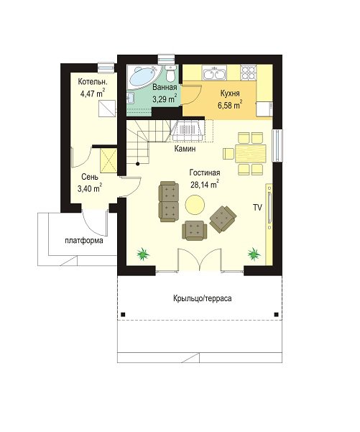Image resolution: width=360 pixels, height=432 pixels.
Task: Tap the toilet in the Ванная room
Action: [171, 73]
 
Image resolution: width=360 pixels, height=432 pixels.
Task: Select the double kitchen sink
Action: [214, 73]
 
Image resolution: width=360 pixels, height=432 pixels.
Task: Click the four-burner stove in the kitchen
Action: [248, 73]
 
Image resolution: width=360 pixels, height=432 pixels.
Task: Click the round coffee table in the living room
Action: [195, 204]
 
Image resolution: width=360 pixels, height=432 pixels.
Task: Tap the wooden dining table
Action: [251, 153]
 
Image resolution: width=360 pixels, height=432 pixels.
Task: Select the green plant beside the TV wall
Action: [254, 254]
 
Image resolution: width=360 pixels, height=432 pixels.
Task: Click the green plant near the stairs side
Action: [143, 254]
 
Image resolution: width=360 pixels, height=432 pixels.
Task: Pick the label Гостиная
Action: [205, 173]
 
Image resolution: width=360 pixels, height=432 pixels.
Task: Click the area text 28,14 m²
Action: [205, 184]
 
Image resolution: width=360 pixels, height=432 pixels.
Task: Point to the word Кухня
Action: [230, 93]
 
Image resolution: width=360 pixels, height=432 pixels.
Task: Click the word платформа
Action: [84, 241]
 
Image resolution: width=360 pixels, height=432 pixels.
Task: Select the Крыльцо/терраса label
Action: [203, 298]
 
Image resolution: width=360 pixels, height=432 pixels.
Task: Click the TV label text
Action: [257, 208]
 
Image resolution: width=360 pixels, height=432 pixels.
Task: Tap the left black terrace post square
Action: [123, 314]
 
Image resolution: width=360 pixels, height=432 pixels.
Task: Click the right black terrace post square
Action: [276, 314]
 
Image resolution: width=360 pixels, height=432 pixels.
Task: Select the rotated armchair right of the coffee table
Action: [223, 219]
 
